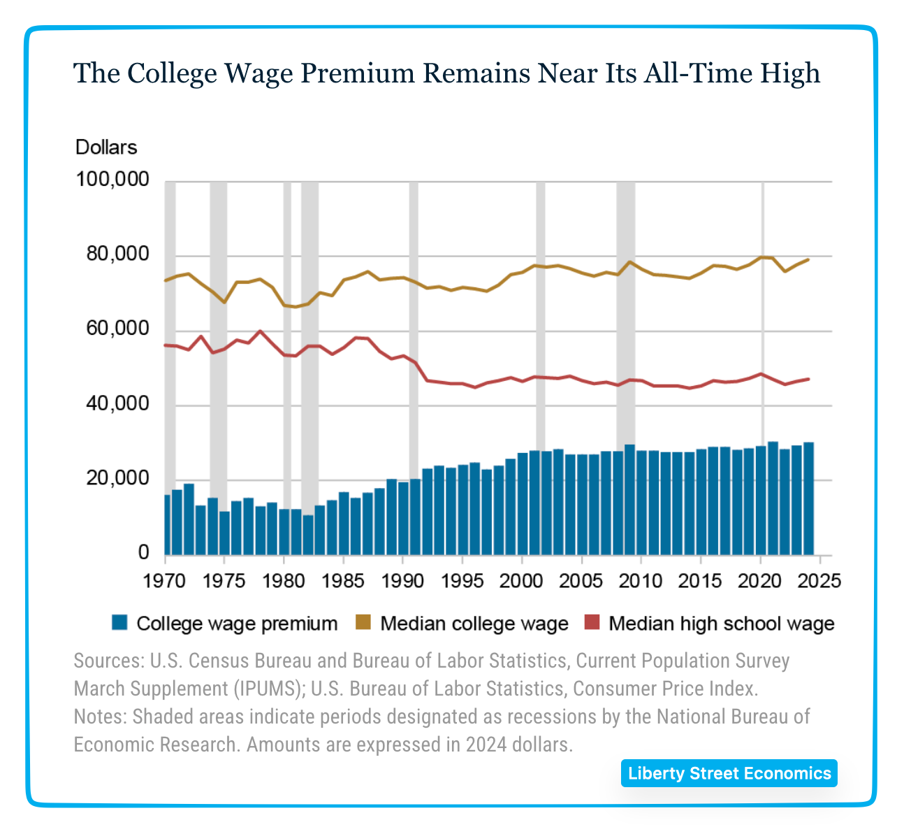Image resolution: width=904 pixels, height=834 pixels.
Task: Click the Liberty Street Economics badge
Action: point(729,773)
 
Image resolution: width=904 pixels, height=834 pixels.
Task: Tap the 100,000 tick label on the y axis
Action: point(112,180)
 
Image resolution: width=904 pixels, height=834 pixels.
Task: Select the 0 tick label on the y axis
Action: point(143,553)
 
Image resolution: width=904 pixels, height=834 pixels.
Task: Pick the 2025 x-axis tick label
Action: point(821,581)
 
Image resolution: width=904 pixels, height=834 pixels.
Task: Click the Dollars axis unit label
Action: point(106,148)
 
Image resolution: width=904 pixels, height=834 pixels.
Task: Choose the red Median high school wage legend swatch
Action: point(592,623)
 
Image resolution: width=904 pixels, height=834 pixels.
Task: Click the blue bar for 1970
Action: point(167,525)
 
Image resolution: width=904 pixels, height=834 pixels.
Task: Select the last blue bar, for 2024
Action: point(808,498)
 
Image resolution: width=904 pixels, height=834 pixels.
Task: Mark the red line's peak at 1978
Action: point(260,331)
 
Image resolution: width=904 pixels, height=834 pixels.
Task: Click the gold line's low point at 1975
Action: point(224,302)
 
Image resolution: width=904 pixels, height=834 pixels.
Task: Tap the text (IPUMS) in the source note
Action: point(268,689)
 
